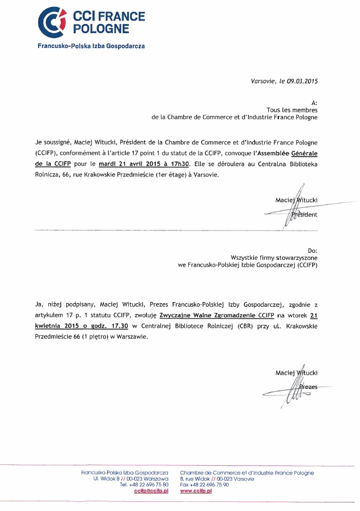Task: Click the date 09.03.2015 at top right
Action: pyautogui.click(x=302, y=82)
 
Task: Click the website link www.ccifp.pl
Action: pyautogui.click(x=196, y=490)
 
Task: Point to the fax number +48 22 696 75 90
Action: pyautogui.click(x=209, y=485)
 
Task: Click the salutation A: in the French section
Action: pyautogui.click(x=314, y=102)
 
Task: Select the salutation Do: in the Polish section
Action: pyautogui.click(x=312, y=251)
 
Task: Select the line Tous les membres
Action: pyautogui.click(x=292, y=109)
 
